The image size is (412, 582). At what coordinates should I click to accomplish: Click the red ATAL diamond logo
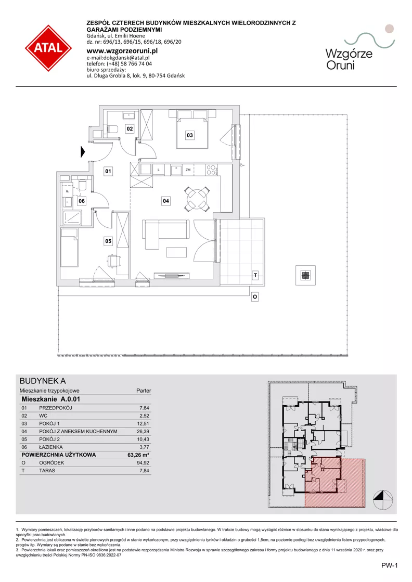coord(48,48)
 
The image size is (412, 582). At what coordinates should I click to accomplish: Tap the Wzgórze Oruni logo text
coord(349,59)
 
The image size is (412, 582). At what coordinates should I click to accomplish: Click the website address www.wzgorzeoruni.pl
coord(122,51)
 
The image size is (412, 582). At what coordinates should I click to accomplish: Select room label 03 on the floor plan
coord(190,135)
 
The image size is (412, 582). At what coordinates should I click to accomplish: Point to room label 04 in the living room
coord(166,201)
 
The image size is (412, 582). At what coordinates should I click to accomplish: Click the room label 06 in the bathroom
coord(82,201)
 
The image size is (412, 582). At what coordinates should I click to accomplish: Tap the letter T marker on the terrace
coord(255,276)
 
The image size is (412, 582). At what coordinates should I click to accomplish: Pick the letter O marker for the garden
coord(254,296)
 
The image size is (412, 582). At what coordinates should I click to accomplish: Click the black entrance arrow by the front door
coord(83,151)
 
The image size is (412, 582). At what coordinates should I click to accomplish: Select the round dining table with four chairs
coord(197,199)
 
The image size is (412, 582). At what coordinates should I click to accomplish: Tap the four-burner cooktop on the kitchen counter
coord(211,170)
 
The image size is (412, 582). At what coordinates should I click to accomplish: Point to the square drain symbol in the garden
coord(305,275)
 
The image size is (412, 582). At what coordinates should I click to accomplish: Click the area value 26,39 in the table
coord(143,431)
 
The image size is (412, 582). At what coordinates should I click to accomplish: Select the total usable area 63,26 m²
coord(138,455)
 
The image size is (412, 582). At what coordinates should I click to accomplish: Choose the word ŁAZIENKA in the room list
coord(51,447)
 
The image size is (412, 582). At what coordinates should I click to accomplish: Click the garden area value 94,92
coord(143,463)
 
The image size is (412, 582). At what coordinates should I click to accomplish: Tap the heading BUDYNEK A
coord(43,381)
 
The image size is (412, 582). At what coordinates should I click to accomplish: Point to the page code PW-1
coord(389,566)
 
